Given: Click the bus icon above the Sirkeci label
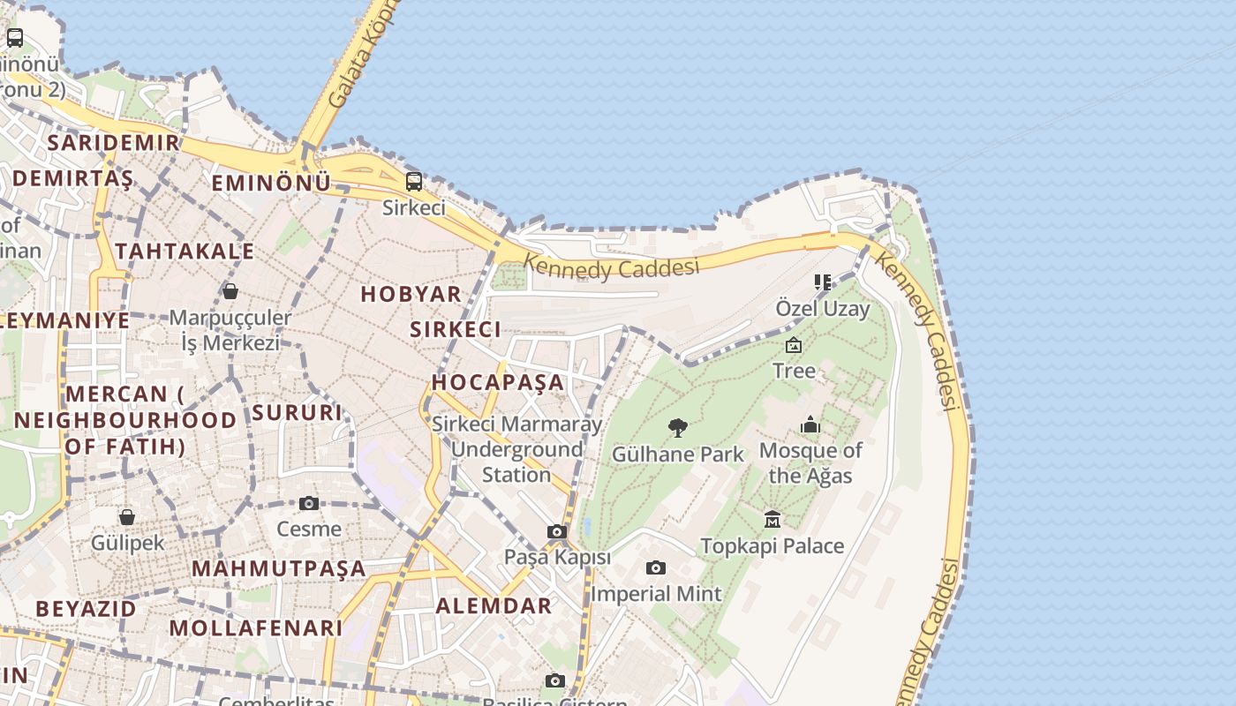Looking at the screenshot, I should (413, 182).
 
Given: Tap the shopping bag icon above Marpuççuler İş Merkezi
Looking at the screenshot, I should (230, 290).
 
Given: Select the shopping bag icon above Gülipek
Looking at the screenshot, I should (127, 516).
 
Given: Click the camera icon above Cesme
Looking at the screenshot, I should (309, 503).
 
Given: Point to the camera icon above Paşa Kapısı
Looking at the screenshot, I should (557, 531).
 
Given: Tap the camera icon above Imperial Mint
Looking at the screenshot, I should (655, 567).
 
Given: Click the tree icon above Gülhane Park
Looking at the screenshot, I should (678, 428).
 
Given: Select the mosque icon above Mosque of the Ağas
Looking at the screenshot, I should (810, 424).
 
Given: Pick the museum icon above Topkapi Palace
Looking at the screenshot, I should (772, 519).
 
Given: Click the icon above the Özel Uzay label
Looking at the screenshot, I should (823, 282).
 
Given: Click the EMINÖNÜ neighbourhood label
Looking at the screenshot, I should (271, 183).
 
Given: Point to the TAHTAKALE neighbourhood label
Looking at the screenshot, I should (185, 252).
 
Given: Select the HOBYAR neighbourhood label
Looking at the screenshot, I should (411, 294).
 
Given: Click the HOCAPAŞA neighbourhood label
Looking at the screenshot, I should (497, 382).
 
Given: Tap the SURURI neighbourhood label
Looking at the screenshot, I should (297, 412).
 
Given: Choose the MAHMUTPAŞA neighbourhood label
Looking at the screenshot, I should (278, 568).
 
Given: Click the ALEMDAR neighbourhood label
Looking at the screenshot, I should (494, 605).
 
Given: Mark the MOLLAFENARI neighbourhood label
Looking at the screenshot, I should (255, 628).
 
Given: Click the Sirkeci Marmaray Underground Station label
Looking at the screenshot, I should (516, 449).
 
